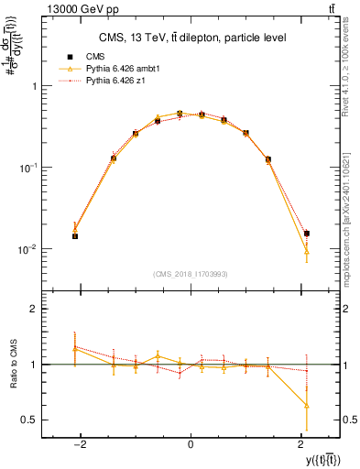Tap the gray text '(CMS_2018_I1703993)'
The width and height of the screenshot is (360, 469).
(190, 274)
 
